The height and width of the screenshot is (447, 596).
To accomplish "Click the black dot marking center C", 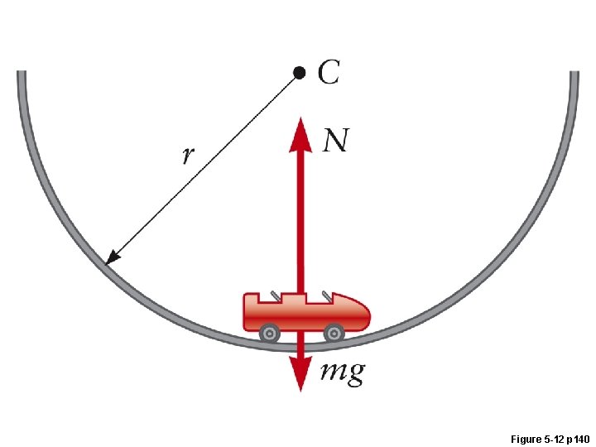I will (300, 72).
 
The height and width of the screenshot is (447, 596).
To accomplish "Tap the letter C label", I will (328, 72).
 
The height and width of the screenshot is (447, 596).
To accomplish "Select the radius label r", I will (188, 155).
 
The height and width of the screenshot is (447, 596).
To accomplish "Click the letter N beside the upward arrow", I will (335, 141).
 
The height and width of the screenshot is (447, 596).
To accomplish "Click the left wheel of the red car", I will (269, 333).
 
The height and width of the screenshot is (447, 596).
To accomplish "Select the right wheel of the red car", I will (333, 333).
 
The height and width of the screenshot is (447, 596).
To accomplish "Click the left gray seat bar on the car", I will (273, 295).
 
